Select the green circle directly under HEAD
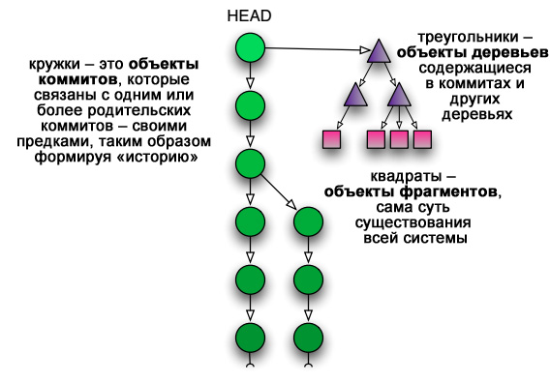(x=251, y=46)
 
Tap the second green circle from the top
(x=251, y=104)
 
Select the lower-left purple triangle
(x=355, y=95)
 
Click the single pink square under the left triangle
(x=333, y=140)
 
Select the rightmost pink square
(x=422, y=140)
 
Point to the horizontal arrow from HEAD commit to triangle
(x=315, y=46)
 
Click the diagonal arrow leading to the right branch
(x=281, y=192)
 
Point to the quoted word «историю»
(x=155, y=156)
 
